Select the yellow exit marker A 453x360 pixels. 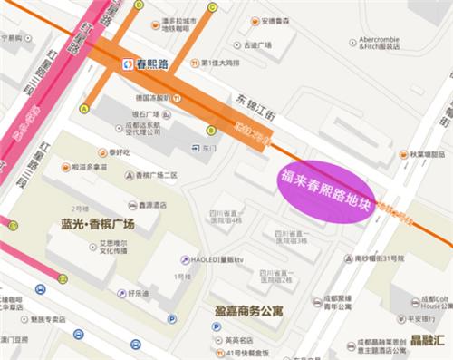click(x=84, y=109)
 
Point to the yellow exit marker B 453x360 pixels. click(x=210, y=130)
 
